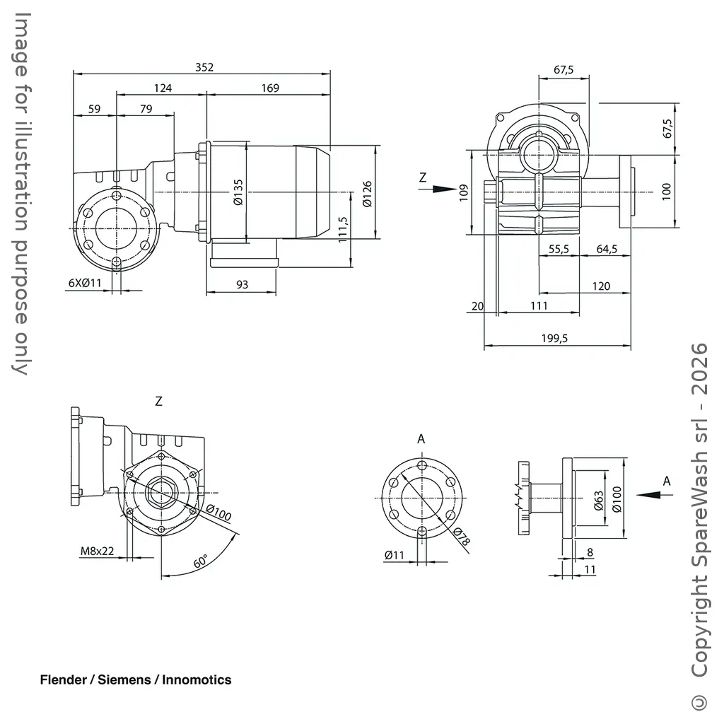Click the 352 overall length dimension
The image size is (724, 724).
point(204,67)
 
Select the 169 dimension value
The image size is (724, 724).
point(269,88)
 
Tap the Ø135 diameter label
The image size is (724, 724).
point(238,192)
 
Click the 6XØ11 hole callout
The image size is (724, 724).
point(86,283)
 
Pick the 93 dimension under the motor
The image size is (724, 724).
point(242,284)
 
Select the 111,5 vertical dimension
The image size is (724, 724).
point(343,230)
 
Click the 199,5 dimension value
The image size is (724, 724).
point(554,339)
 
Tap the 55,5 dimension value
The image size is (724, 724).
point(559,248)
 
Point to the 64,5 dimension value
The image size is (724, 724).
point(607,248)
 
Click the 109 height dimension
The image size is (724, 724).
point(464,193)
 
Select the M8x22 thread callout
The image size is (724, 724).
point(97,551)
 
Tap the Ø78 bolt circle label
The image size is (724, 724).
point(461,539)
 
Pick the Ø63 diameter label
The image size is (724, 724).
point(597,501)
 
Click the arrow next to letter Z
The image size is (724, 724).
point(443,189)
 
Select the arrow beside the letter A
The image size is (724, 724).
point(649,495)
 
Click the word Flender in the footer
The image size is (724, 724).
point(63,680)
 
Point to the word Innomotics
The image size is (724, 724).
point(197,680)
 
